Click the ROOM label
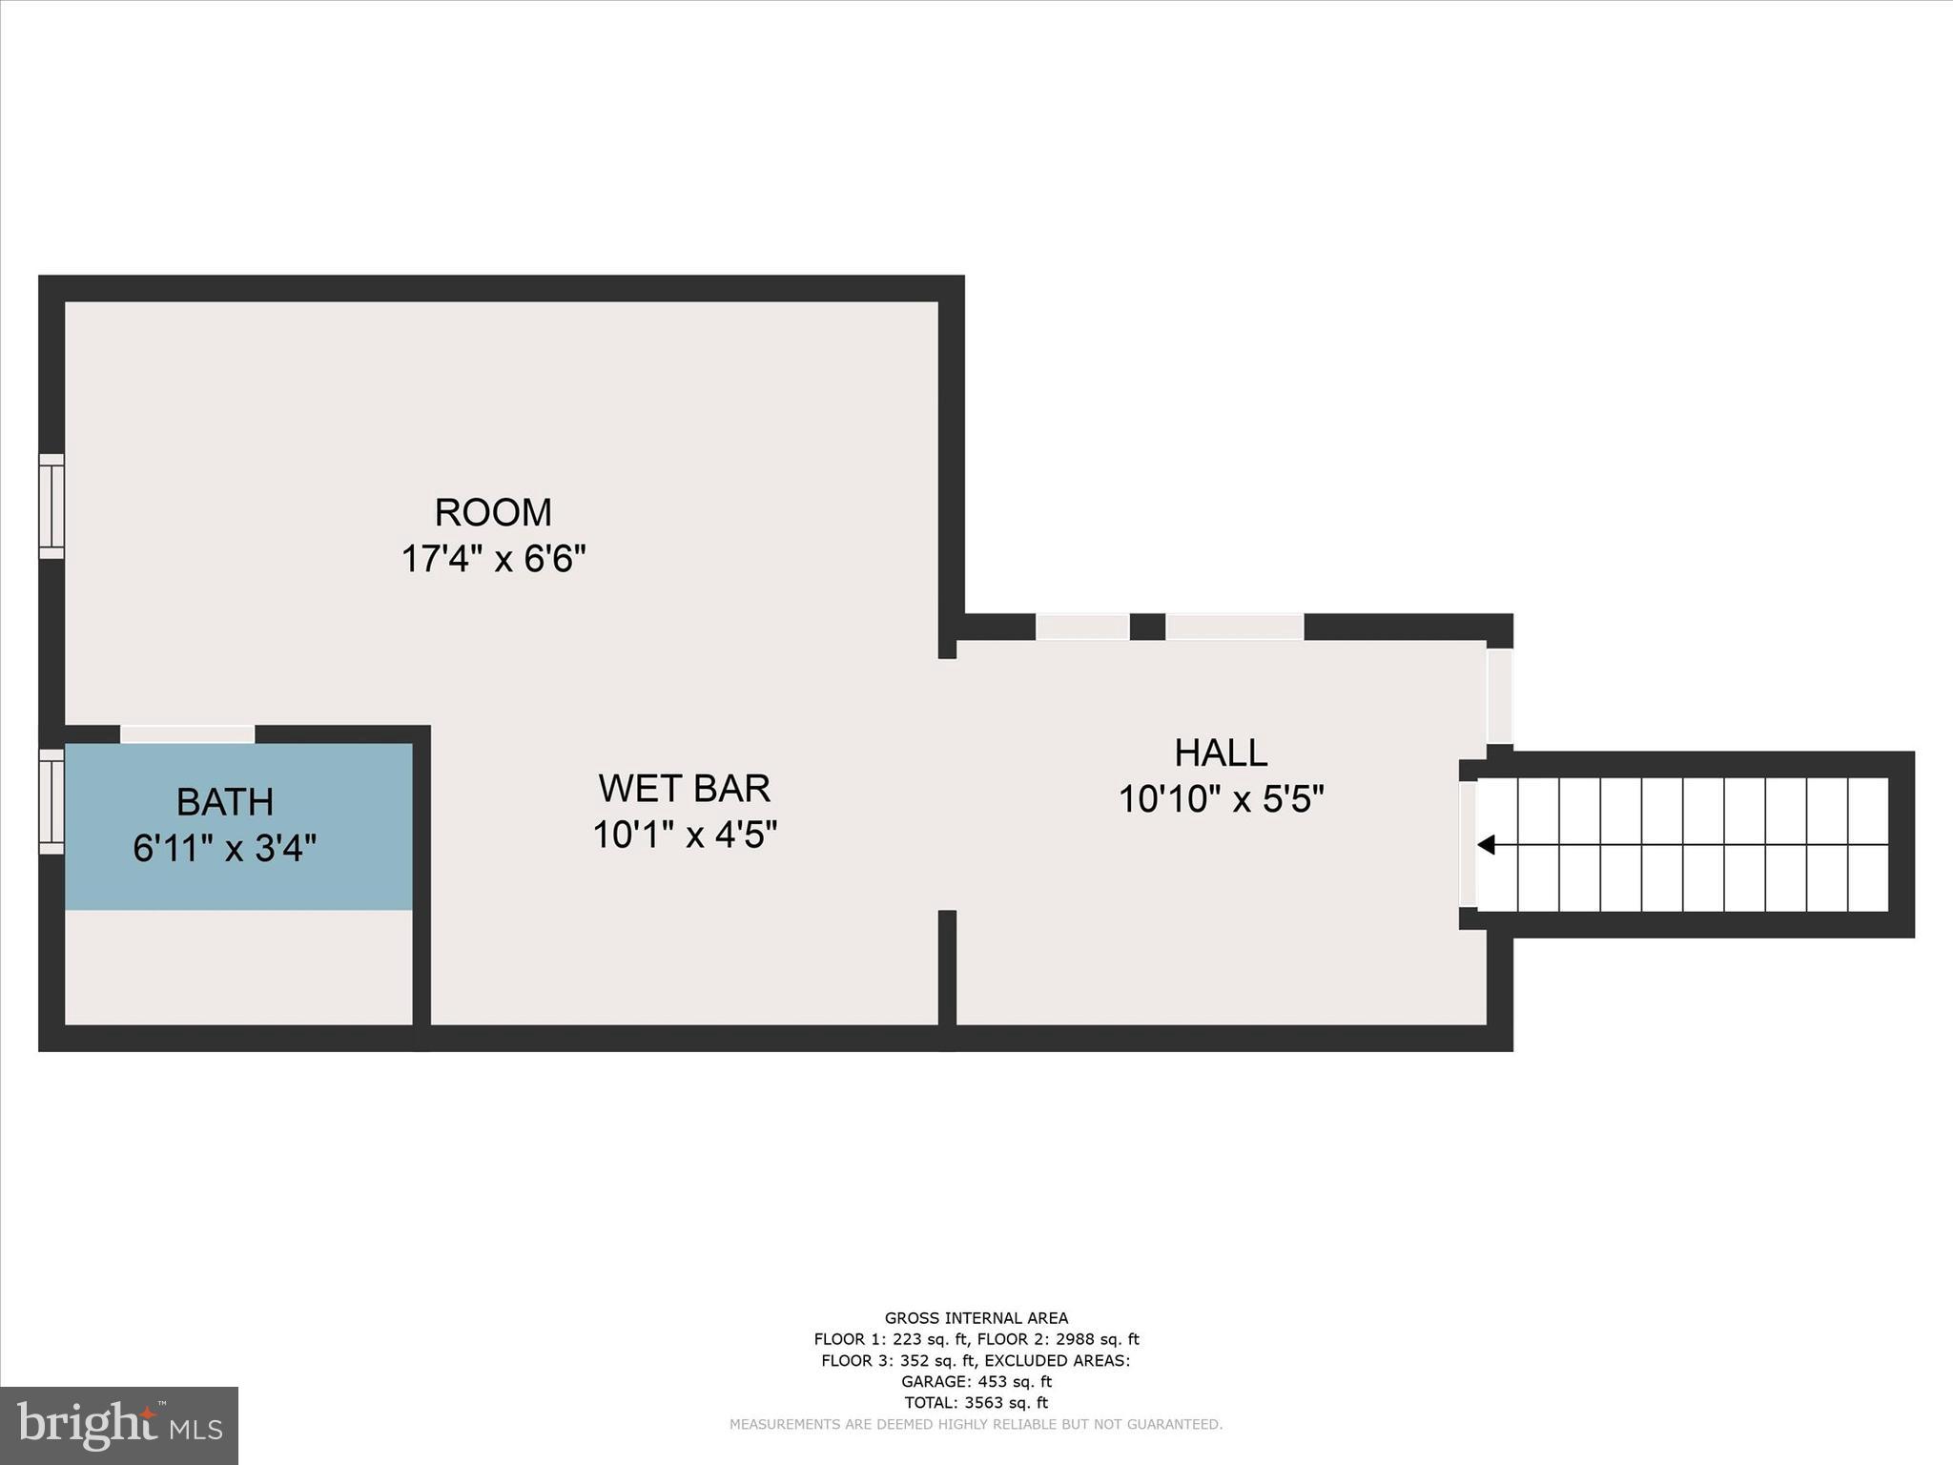pos(493,513)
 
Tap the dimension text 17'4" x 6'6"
pos(493,559)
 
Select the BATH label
pos(225,802)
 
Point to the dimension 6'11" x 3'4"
pos(225,848)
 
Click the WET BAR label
pos(685,789)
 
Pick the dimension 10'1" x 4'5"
pos(685,836)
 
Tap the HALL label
pos(1221,753)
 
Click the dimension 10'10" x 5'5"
pos(1221,799)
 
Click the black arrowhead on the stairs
pos(1486,845)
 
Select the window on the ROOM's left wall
pos(51,506)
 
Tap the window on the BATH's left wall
pos(51,801)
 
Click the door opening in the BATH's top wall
pos(188,734)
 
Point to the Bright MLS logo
pos(119,1426)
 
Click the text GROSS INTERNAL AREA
pos(976,1319)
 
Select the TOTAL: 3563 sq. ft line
pos(976,1402)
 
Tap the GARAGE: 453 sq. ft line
pos(976,1381)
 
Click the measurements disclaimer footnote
pos(976,1424)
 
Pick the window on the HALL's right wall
pos(1500,696)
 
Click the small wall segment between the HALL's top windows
pos(1147,627)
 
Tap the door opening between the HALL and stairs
pos(1468,844)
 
